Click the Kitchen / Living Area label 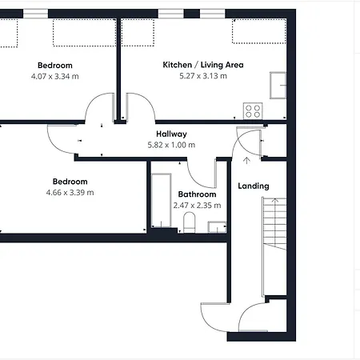coord(203,65)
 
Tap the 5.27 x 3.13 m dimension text coord(203,76)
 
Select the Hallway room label coord(171,134)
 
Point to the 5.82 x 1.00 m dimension coord(171,145)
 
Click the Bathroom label coord(197,194)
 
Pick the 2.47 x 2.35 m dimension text coord(197,206)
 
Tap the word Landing coord(254,186)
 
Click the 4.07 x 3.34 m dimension coord(55,77)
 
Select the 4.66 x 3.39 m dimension coord(70,193)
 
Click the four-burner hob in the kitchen coord(253,111)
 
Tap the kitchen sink coord(278,85)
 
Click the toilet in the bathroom coord(190,222)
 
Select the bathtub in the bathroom coord(162,201)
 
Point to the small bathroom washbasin coord(217,227)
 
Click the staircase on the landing coord(274,223)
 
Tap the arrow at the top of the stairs coord(275,201)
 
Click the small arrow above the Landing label coord(246,160)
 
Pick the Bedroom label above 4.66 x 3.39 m coord(70,182)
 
